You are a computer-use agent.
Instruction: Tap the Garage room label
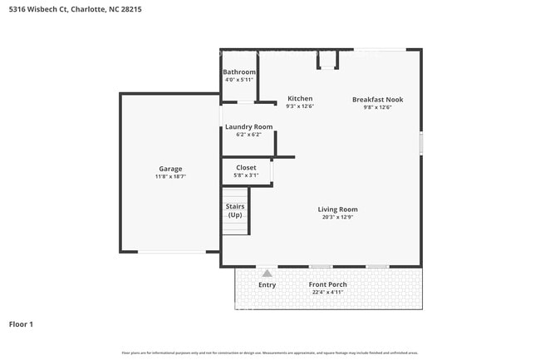pyautogui.click(x=170, y=169)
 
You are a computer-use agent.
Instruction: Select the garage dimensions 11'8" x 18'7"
pyautogui.click(x=170, y=177)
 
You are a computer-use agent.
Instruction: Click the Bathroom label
pyautogui.click(x=239, y=72)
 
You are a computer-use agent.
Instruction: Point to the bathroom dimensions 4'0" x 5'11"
pyautogui.click(x=239, y=81)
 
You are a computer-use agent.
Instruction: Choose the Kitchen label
pyautogui.click(x=300, y=98)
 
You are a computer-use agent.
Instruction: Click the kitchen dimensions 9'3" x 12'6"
pyautogui.click(x=300, y=106)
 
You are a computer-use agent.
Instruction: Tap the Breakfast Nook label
pyautogui.click(x=377, y=99)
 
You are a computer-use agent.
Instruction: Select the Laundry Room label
pyautogui.click(x=248, y=126)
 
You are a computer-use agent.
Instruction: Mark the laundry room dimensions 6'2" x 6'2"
pyautogui.click(x=248, y=135)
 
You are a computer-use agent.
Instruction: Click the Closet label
pyautogui.click(x=246, y=167)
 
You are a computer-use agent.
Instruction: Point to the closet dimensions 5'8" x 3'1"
pyautogui.click(x=246, y=175)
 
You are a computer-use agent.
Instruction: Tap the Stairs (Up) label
pyautogui.click(x=235, y=210)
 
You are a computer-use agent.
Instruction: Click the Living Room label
pyautogui.click(x=337, y=210)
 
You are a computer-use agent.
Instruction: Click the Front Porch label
pyautogui.click(x=327, y=284)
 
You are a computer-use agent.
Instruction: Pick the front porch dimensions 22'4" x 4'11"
pyautogui.click(x=327, y=293)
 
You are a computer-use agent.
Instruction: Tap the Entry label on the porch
pyautogui.click(x=267, y=285)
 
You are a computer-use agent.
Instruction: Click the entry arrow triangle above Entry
pyautogui.click(x=267, y=273)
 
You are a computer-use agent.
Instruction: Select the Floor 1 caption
pyautogui.click(x=21, y=324)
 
